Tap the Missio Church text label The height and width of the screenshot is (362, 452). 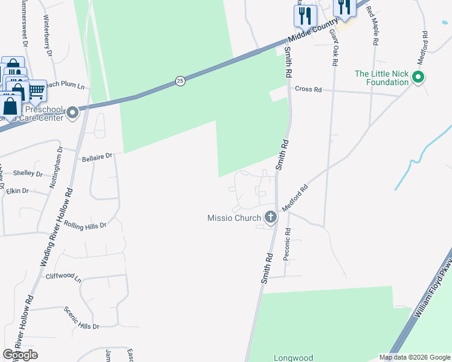(x=234, y=218)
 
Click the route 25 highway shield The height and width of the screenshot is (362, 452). (x=180, y=80)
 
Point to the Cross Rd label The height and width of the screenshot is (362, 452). (x=308, y=89)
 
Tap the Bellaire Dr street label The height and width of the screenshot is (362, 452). (x=97, y=156)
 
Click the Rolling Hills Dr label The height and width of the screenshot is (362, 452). (x=85, y=225)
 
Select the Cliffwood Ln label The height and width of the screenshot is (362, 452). (x=63, y=278)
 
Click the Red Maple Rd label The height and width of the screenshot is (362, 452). (x=374, y=28)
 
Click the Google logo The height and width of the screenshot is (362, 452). (x=20, y=355)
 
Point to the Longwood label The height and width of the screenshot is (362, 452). (x=293, y=358)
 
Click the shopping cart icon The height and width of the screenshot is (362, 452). (x=36, y=91)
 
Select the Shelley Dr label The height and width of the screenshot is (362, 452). (x=28, y=174)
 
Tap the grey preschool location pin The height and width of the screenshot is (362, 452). (x=73, y=113)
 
